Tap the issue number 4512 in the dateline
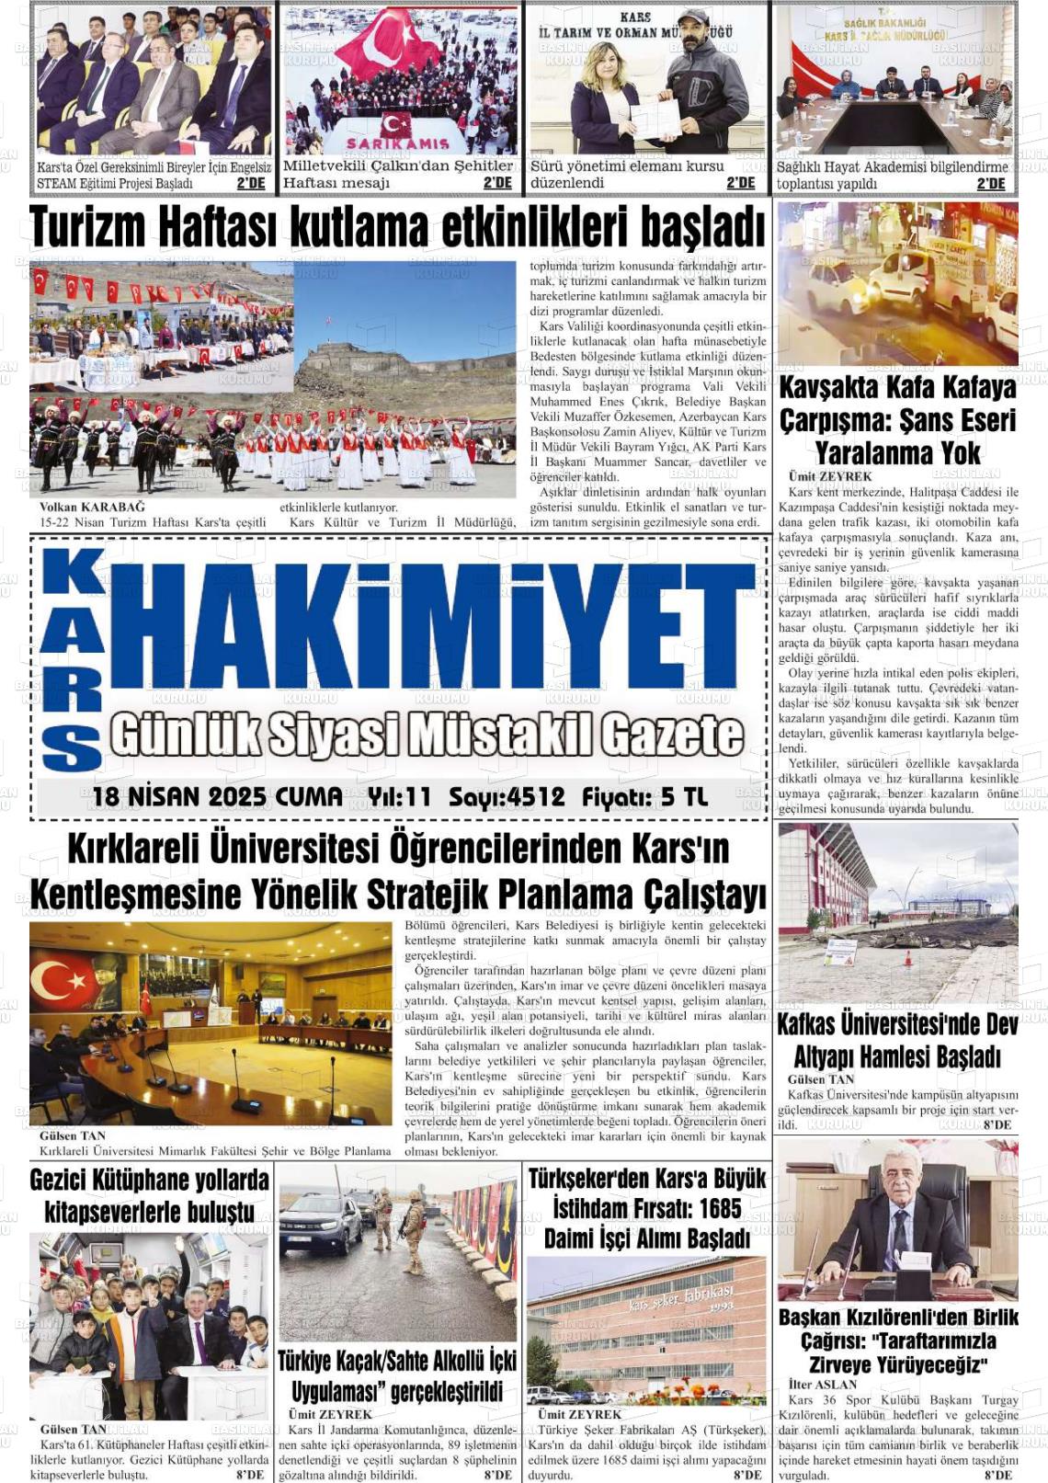534,797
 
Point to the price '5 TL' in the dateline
684,797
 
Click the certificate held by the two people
655,120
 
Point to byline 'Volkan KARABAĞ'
92,507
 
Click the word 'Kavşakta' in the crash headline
837,387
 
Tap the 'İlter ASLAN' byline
822,1384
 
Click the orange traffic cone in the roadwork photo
908,958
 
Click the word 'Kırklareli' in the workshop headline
133,850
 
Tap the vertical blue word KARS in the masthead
72,658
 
